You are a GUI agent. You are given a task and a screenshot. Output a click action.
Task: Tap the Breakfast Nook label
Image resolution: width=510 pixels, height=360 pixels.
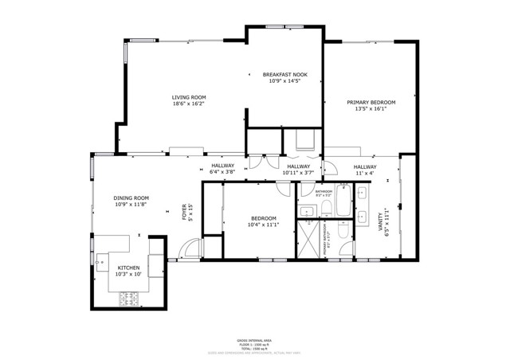coord(285,75)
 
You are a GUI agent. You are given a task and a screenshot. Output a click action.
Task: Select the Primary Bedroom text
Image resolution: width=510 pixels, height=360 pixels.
coord(371,102)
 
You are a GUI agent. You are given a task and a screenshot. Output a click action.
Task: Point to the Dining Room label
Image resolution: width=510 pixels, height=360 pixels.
coord(131,198)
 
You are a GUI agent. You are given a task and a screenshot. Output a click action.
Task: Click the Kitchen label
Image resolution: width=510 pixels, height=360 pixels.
coord(128,268)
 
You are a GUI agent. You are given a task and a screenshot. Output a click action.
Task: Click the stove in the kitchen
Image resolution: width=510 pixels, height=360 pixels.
coord(128,299)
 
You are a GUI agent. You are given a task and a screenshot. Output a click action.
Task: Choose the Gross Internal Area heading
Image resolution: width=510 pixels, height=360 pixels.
coord(254,340)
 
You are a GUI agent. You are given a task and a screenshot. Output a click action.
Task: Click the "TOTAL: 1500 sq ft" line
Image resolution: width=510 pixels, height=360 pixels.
coord(254,349)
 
